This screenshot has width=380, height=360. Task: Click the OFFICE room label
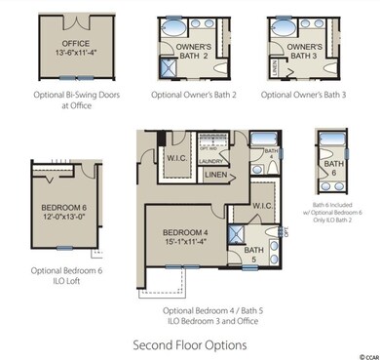coord(75,44)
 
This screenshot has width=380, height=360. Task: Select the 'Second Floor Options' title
coord(189,344)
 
